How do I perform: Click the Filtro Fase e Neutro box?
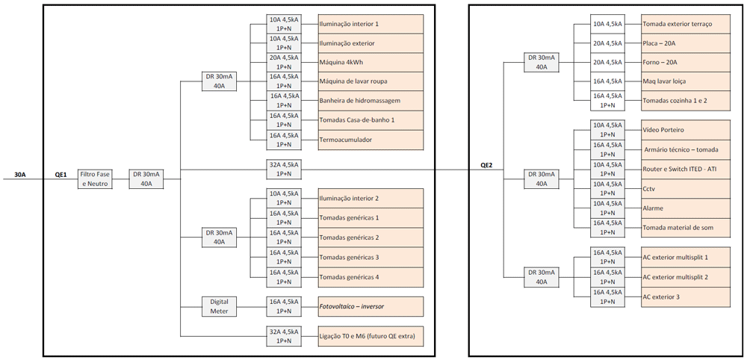96,179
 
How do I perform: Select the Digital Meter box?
219,306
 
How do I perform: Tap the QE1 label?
61,175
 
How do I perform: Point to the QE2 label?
486,165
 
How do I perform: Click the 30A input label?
20,175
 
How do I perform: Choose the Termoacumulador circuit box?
371,140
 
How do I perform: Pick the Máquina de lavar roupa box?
371,81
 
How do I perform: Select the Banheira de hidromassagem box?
371,101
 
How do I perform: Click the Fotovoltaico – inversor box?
371,306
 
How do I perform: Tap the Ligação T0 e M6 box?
371,336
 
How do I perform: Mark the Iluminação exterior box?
371,43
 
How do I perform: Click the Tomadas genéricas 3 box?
371,258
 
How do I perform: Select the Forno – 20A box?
685,62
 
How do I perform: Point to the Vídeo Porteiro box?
685,130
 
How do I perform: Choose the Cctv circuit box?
685,189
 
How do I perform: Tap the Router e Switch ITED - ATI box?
685,170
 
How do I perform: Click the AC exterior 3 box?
685,297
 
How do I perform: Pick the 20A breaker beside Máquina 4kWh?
284,62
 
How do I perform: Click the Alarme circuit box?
685,208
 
